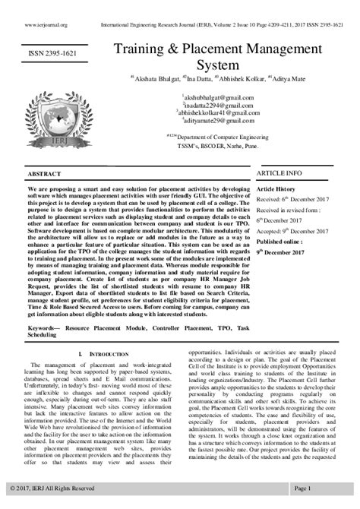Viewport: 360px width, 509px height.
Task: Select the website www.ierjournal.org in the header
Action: point(46,24)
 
